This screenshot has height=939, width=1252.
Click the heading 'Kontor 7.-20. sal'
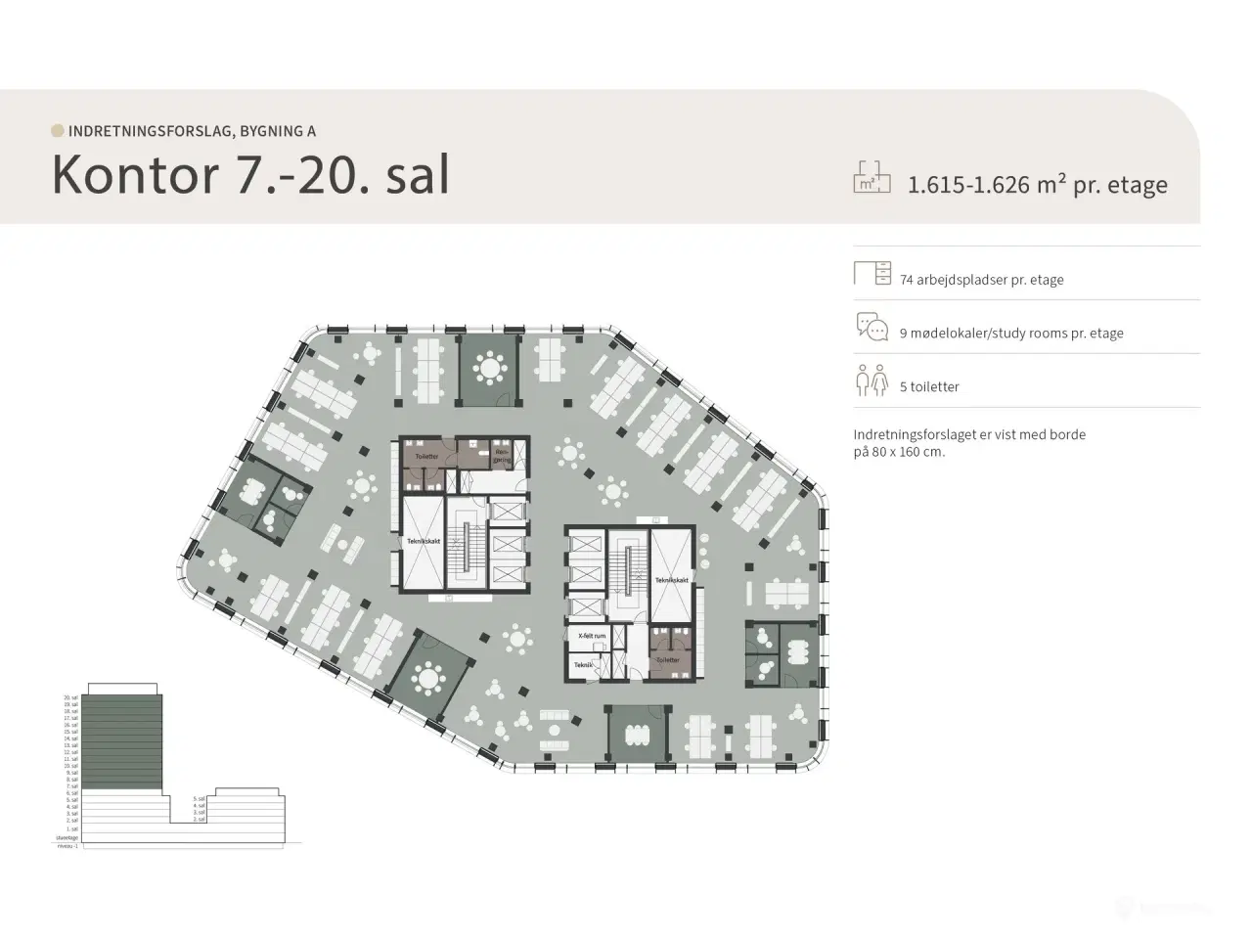click(x=250, y=175)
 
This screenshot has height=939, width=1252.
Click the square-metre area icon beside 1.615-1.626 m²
click(x=872, y=176)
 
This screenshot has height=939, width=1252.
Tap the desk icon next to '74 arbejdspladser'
click(x=872, y=273)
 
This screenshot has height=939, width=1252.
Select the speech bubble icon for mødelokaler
click(x=872, y=327)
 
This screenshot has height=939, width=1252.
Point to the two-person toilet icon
click(x=872, y=380)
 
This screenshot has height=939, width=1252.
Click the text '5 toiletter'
click(x=929, y=387)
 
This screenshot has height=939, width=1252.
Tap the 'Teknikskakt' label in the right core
click(x=672, y=580)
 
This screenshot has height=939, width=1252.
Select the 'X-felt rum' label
click(x=592, y=636)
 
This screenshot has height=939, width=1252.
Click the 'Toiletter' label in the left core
click(x=426, y=457)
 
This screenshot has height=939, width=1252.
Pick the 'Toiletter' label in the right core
click(x=667, y=660)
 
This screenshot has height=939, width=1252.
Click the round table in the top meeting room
click(x=489, y=368)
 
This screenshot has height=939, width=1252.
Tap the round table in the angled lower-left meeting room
click(x=427, y=677)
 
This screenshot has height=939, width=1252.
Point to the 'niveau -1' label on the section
click(x=67, y=846)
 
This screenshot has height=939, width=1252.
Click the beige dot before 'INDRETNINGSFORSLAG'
click(x=58, y=130)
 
